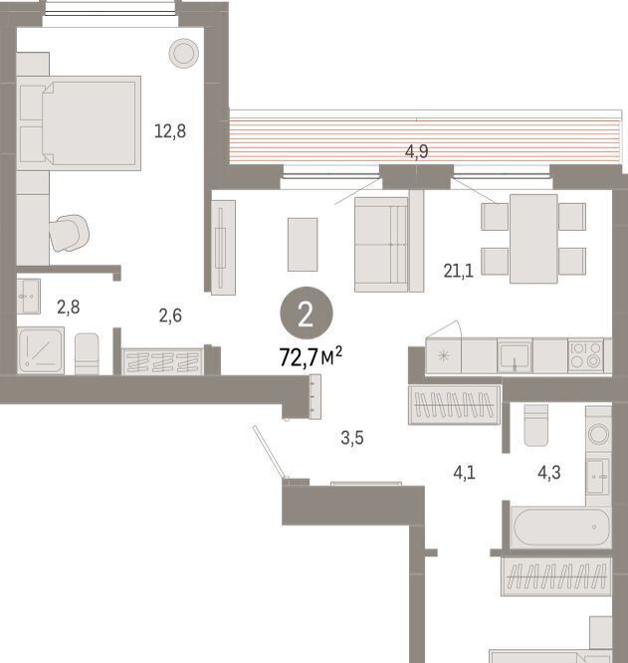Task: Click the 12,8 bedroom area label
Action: [170, 131]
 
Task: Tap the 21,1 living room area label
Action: [459, 271]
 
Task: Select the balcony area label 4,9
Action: [417, 151]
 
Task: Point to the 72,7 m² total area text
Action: [311, 356]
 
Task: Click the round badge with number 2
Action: [307, 314]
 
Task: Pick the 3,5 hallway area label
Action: [352, 438]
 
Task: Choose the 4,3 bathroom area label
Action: [549, 472]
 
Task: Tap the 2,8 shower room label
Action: [69, 307]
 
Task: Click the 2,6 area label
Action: [170, 316]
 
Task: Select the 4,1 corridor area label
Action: [464, 472]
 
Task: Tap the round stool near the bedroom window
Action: [184, 53]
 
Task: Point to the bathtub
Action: [560, 528]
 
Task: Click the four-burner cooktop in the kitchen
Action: [586, 354]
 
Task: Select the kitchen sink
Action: [515, 355]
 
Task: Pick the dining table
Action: [533, 239]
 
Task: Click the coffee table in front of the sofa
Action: [303, 245]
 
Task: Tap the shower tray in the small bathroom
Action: [41, 350]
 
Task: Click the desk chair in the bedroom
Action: [69, 233]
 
